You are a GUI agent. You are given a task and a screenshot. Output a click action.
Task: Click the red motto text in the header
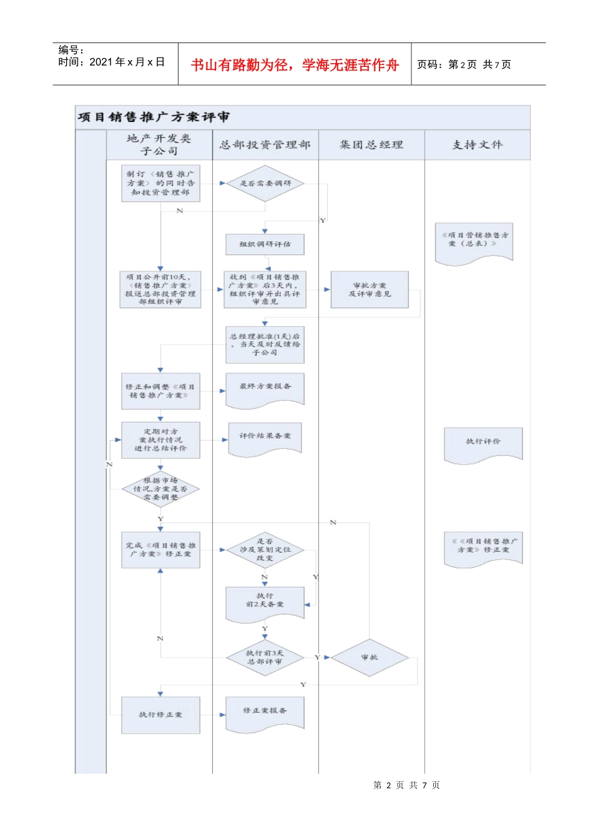(x=295, y=65)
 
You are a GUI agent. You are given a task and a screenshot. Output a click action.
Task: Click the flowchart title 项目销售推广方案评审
(x=154, y=117)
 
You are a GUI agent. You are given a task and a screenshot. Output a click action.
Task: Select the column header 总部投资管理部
(x=265, y=145)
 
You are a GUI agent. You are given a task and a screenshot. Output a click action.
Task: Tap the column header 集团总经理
(x=371, y=145)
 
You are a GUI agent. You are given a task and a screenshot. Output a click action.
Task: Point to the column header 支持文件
(x=478, y=145)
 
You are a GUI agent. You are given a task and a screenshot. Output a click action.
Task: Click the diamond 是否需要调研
(x=265, y=183)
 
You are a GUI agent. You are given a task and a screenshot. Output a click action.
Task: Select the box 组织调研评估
(x=265, y=244)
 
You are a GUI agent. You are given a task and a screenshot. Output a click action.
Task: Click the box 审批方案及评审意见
(x=370, y=289)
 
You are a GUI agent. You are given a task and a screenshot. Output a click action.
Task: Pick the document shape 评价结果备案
(x=265, y=437)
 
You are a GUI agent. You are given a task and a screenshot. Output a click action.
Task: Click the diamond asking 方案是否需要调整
(x=160, y=489)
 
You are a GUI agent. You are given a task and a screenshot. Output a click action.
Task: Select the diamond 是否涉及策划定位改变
(x=265, y=549)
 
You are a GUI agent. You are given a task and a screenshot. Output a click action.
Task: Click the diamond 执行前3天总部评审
(x=265, y=657)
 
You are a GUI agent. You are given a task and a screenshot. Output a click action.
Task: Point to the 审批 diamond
(x=370, y=657)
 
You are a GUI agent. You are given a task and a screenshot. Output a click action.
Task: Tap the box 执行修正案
(x=160, y=714)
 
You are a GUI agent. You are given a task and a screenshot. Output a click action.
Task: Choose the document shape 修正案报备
(x=265, y=712)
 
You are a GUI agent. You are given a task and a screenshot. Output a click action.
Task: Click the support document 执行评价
(x=483, y=443)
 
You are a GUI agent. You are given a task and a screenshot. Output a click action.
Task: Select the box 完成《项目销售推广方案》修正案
(x=160, y=550)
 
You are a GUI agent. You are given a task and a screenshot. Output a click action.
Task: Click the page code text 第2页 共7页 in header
(x=464, y=64)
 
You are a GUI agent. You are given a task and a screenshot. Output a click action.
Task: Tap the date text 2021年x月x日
(x=127, y=62)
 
